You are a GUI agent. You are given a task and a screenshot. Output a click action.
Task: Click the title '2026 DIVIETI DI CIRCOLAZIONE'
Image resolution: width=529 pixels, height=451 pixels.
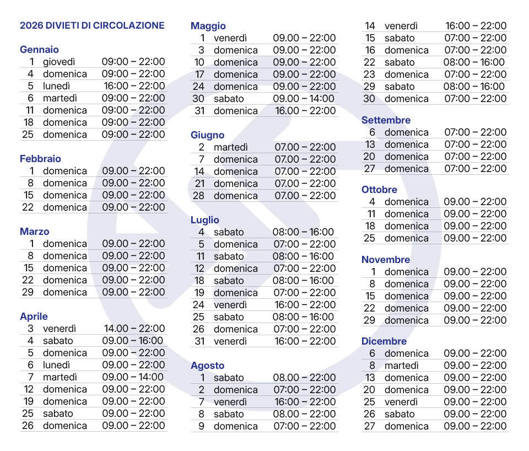click(92, 25)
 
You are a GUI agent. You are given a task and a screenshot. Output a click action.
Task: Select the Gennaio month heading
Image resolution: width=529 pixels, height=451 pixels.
click(39, 49)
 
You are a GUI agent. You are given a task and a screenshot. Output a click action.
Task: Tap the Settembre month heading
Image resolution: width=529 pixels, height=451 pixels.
click(386, 120)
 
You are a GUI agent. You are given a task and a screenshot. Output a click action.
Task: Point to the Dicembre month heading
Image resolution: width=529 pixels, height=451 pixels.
click(384, 341)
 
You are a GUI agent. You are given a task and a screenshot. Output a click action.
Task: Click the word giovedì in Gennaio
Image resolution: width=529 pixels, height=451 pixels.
click(59, 61)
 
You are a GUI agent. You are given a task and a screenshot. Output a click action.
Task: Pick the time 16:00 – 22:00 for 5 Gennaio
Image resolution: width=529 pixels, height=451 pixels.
click(134, 85)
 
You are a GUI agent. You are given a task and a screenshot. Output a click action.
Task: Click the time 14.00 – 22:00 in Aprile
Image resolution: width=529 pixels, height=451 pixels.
click(134, 329)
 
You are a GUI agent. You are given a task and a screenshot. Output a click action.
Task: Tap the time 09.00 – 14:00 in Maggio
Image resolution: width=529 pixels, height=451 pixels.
click(304, 99)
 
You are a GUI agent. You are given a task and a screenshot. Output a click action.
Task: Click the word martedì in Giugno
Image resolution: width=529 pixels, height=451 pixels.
click(231, 147)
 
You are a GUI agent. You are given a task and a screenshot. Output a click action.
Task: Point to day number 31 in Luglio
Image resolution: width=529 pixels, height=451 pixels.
click(199, 341)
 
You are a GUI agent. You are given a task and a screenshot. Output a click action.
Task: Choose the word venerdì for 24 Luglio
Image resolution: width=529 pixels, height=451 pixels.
click(230, 305)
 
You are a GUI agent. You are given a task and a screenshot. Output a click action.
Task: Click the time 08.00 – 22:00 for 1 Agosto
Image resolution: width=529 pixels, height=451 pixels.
click(304, 378)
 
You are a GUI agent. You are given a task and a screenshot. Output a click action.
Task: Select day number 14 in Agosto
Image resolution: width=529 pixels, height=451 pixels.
click(370, 26)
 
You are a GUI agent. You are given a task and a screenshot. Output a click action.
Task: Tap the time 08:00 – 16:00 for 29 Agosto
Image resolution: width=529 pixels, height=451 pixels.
click(474, 87)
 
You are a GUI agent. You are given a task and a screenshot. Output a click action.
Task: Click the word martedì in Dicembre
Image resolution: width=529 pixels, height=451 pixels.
click(402, 366)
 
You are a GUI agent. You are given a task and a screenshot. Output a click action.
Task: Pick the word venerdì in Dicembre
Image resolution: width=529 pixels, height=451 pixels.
click(401, 402)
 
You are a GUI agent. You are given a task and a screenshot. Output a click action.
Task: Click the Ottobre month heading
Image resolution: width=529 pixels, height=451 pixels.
click(379, 190)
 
